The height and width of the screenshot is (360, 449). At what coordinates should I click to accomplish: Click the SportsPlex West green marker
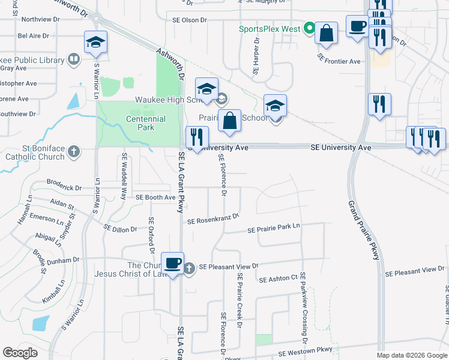point(309,28)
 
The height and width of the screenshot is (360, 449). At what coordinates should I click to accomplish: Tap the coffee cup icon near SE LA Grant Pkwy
point(172,263)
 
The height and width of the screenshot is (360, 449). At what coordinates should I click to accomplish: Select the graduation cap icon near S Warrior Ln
point(96,42)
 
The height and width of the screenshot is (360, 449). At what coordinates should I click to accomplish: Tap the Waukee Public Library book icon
point(73,59)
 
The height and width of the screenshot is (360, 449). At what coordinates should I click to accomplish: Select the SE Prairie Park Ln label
point(274,229)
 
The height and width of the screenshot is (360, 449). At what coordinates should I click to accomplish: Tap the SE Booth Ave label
point(155,197)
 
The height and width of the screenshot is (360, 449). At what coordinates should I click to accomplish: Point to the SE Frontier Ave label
point(339,61)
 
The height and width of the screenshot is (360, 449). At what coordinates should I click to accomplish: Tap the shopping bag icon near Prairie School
point(229,121)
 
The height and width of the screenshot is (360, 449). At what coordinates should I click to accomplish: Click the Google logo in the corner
point(20,353)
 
